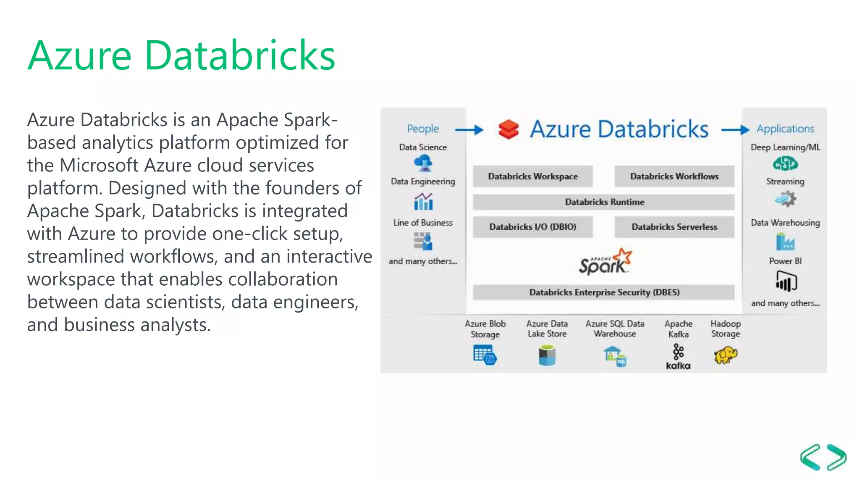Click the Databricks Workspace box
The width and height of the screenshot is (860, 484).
532,176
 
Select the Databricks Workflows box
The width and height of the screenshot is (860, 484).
674,176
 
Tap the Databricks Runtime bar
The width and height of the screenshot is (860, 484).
603,202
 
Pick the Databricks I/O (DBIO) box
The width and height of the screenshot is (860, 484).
532,227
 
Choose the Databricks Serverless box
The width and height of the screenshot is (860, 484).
674,227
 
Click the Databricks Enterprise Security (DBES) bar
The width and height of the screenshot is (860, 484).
603,292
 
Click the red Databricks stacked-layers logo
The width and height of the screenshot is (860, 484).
509,129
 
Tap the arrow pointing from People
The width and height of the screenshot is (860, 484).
469,130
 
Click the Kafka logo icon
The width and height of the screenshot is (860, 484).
678,356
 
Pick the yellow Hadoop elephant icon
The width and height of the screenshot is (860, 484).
725,355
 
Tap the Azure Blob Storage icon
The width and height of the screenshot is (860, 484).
485,355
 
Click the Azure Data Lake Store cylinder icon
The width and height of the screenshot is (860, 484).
547,355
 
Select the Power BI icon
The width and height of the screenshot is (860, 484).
786,281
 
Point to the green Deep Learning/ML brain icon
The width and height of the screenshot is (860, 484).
785,163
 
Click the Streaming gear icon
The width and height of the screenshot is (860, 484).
785,199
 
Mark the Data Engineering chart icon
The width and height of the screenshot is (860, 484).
423,202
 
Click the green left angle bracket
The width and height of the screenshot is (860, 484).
810,457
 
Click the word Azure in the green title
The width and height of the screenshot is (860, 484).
80,55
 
